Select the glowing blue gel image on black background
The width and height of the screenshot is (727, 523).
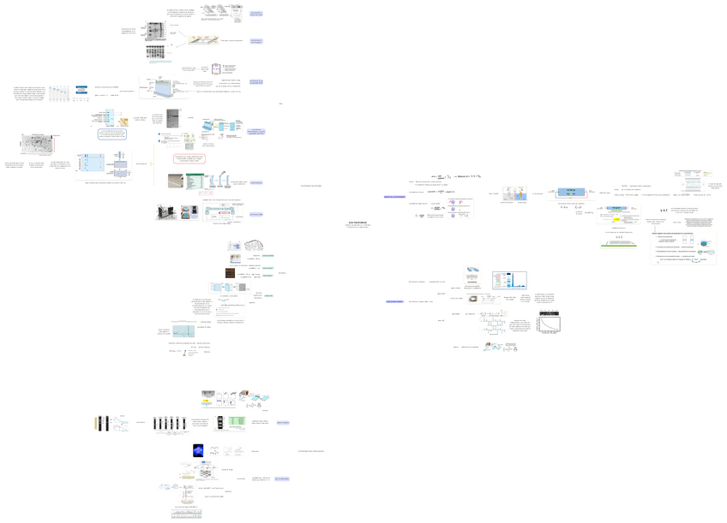tap(198, 450)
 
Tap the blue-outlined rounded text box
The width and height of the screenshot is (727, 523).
tap(117, 134)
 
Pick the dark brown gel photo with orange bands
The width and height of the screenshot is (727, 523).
tap(230, 273)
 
